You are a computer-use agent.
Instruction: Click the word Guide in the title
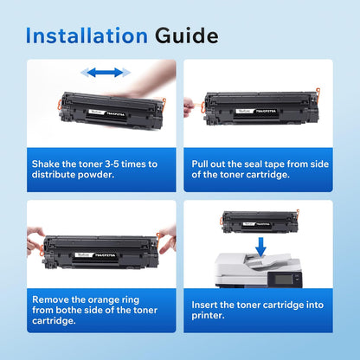click(186, 35)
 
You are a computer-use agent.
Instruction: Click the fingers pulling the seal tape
click(189, 106)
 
